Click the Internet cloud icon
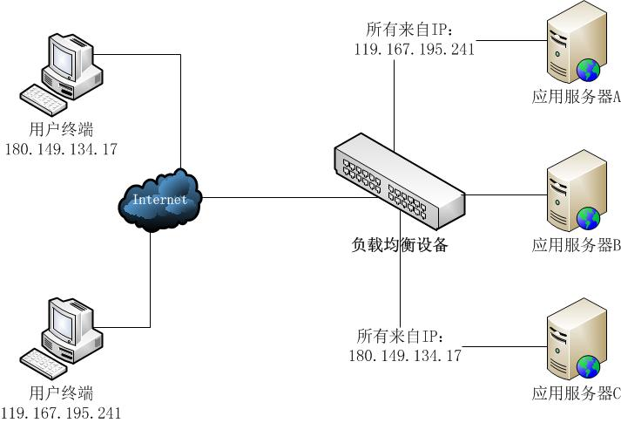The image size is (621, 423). [x=160, y=200]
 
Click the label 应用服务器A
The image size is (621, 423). [x=575, y=98]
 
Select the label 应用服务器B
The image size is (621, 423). [x=575, y=246]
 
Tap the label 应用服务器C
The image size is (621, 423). [x=575, y=394]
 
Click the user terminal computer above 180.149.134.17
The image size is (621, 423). [x=61, y=74]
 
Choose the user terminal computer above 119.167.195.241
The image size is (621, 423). [x=61, y=335]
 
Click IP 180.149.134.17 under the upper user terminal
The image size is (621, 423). [x=61, y=149]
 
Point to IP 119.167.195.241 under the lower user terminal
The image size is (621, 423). [x=61, y=413]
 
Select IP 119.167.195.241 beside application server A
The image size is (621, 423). [x=415, y=50]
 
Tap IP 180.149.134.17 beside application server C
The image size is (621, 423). [x=405, y=355]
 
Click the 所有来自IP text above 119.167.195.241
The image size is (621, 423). [x=409, y=30]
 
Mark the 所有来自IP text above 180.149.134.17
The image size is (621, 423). [x=401, y=336]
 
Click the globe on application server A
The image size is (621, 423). [x=587, y=68]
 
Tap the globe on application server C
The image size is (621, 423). [x=587, y=365]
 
